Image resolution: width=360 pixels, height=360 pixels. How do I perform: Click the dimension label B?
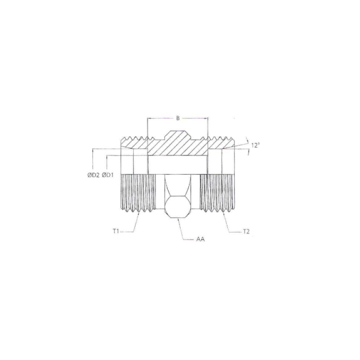pyautogui.click(x=178, y=118)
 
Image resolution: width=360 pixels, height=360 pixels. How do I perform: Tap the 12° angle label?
pyautogui.click(x=256, y=145)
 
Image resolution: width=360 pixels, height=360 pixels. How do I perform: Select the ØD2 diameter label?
pyautogui.click(x=94, y=175)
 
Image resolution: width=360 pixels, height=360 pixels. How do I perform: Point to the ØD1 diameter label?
pyautogui.click(x=107, y=175)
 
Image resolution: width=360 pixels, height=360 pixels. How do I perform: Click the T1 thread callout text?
pyautogui.click(x=116, y=232)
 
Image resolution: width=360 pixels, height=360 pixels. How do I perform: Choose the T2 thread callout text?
pyautogui.click(x=246, y=232)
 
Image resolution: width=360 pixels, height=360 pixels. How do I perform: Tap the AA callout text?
pyautogui.click(x=200, y=239)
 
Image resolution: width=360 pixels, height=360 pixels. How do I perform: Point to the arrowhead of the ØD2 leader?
pyautogui.click(x=93, y=149)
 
